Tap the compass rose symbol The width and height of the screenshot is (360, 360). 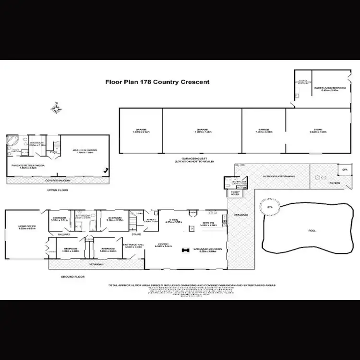pyautogui.click(x=58, y=109)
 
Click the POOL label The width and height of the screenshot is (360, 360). pyautogui.click(x=312, y=230)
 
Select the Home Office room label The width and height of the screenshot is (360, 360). pyautogui.click(x=27, y=228)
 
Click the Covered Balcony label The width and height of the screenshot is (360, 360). pyautogui.click(x=58, y=180)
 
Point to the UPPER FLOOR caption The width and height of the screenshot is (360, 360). pyautogui.click(x=58, y=191)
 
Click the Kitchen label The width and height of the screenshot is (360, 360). pyautogui.click(x=207, y=224)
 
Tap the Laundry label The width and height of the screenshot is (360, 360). pyautogui.click(x=150, y=220)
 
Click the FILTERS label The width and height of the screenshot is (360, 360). pyautogui.click(x=335, y=183)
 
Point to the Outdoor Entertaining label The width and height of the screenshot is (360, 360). pyautogui.click(x=278, y=176)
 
